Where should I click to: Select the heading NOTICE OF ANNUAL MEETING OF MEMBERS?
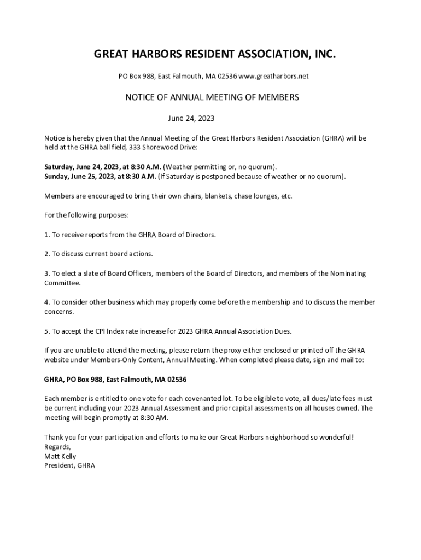(x=212, y=97)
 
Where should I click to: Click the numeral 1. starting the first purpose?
(x=47, y=235)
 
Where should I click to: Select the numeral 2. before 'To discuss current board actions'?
(x=47, y=254)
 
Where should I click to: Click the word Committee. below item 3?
(x=62, y=283)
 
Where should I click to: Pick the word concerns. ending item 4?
(x=59, y=312)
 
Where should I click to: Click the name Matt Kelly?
(x=60, y=456)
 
